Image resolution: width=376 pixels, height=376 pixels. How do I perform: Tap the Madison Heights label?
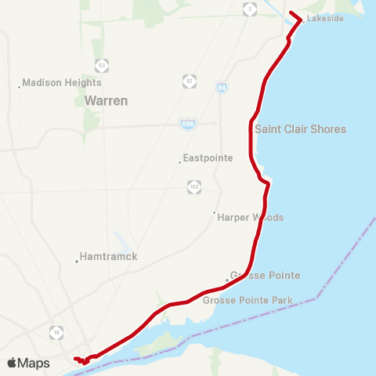coord(62,82)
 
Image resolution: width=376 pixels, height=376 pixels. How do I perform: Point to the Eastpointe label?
coord(209,157)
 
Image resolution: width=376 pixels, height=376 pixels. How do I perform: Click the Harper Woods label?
coord(250,217)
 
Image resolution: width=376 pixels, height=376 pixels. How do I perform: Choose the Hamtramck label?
coord(109,257)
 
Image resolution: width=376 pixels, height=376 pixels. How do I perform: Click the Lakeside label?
coord(325,18)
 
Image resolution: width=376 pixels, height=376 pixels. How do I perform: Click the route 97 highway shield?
coord(190,80)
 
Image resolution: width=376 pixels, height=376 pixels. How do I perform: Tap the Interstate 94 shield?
coord(222,88)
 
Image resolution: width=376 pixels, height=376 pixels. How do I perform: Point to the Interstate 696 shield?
coord(186,123)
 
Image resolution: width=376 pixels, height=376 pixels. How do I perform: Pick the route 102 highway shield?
coord(194,186)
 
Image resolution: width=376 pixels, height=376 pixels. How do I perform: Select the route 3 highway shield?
coord(249,9)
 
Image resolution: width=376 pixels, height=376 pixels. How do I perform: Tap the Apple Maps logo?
coord(28,363)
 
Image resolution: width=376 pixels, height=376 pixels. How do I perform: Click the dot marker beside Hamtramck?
coord(77,262)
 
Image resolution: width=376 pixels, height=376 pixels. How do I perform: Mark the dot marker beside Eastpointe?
coord(180,162)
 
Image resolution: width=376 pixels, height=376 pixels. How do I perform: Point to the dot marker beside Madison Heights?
coord(19,87)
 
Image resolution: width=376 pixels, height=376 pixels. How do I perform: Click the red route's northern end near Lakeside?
coord(291,13)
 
